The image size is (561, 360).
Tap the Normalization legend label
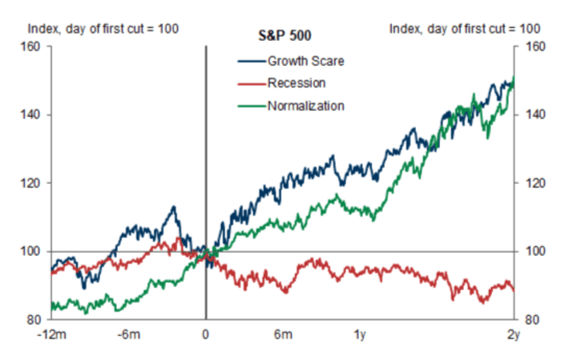point(305,105)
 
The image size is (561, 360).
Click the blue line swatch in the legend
point(251,59)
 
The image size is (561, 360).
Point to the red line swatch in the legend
point(251,83)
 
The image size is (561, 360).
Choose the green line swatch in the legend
point(251,105)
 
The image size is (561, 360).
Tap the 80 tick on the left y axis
point(32,320)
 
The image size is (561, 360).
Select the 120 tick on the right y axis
point(531,184)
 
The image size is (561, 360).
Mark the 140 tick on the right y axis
point(531,115)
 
